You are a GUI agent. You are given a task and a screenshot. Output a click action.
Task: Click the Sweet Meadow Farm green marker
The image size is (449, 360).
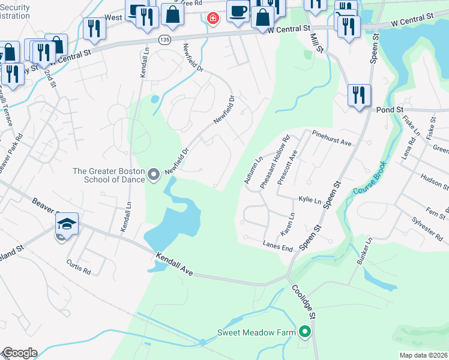point(305,331)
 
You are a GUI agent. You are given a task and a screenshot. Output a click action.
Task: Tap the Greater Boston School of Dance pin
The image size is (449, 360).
point(154,175)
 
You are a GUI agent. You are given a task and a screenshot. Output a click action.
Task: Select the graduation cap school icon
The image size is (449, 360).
point(67,226)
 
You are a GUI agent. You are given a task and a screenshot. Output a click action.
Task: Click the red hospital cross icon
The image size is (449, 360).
point(211,19)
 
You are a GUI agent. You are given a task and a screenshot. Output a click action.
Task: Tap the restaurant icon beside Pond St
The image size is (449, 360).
point(359,96)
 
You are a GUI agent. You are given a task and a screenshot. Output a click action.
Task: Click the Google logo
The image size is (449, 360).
point(19,353)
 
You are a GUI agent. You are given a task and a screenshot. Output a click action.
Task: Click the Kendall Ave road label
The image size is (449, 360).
point(174,264)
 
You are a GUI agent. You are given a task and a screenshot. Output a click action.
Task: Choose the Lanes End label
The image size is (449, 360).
point(277,245)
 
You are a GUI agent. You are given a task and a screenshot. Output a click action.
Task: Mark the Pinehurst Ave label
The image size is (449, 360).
point(331,140)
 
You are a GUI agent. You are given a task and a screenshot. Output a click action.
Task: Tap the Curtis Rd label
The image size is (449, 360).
point(78,268)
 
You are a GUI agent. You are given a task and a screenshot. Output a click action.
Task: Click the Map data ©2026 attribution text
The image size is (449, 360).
point(423,355)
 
